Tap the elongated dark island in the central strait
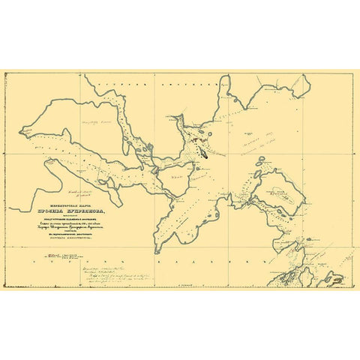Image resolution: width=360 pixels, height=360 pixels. pos(204,150)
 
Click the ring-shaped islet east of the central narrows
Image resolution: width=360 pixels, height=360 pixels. pos(256,175)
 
